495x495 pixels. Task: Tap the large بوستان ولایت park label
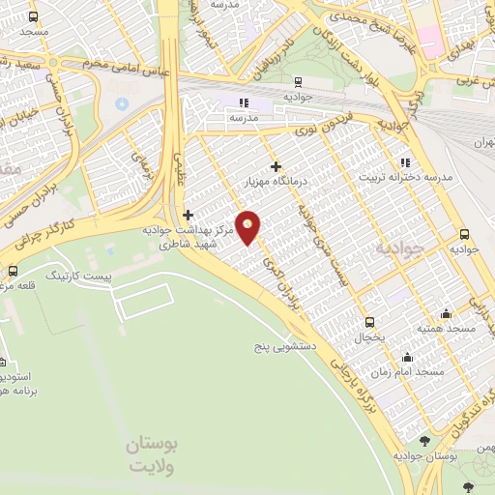tap(153, 453)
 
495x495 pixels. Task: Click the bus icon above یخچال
tap(368, 323)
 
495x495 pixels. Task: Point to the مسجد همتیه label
tap(446, 329)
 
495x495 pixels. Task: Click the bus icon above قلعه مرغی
tap(13, 271)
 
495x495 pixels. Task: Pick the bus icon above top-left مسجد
tap(33, 17)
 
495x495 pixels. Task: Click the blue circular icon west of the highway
tap(121, 103)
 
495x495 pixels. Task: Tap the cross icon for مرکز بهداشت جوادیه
tap(188, 215)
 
